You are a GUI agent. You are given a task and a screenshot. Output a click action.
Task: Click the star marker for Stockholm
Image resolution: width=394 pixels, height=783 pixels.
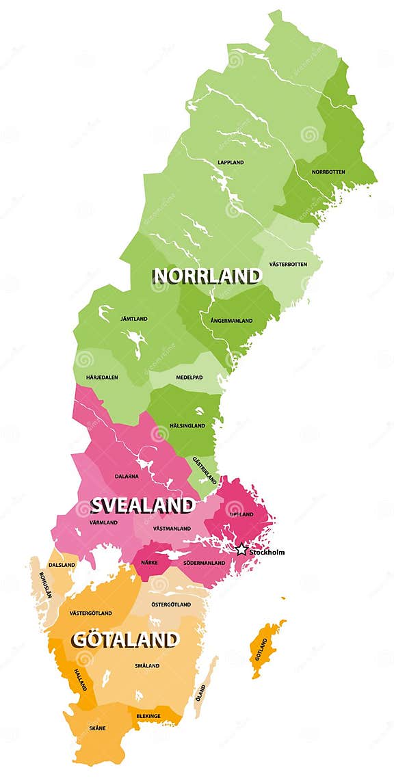tap(241, 549)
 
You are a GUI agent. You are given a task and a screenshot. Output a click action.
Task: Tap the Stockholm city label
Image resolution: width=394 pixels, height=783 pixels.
tap(266, 552)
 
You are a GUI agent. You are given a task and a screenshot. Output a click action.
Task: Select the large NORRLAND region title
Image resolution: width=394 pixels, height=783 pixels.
tap(207, 276)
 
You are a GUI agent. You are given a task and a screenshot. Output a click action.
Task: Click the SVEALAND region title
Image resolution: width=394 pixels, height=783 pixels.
tap(142, 505)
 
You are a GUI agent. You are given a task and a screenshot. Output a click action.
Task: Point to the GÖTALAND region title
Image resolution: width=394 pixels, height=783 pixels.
tap(125, 640)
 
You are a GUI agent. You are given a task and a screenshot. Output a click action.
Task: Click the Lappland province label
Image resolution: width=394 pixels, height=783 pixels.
tap(231, 163)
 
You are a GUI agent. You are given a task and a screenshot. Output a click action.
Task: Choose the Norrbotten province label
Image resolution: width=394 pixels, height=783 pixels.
tap(328, 172)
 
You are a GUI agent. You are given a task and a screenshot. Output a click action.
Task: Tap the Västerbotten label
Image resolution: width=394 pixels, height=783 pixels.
tap(288, 264)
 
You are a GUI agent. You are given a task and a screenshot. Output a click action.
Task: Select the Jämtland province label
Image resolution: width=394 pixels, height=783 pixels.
tap(134, 319)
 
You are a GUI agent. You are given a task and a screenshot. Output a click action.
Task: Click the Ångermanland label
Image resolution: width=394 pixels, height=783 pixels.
tap(227, 320)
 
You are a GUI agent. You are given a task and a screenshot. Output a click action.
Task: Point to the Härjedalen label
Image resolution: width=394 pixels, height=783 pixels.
tap(102, 377)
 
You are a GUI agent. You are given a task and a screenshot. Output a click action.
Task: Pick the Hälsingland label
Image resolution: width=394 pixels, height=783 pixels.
tap(187, 425)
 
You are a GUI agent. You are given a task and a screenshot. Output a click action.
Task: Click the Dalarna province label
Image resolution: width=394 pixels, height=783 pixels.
tap(127, 476)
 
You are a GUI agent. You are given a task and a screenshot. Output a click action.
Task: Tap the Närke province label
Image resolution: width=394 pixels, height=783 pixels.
tap(149, 562)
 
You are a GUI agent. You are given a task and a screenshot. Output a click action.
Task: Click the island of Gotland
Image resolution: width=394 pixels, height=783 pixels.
tap(263, 649)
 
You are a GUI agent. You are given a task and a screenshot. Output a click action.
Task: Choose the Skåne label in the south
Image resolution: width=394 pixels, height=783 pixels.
tap(97, 728)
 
